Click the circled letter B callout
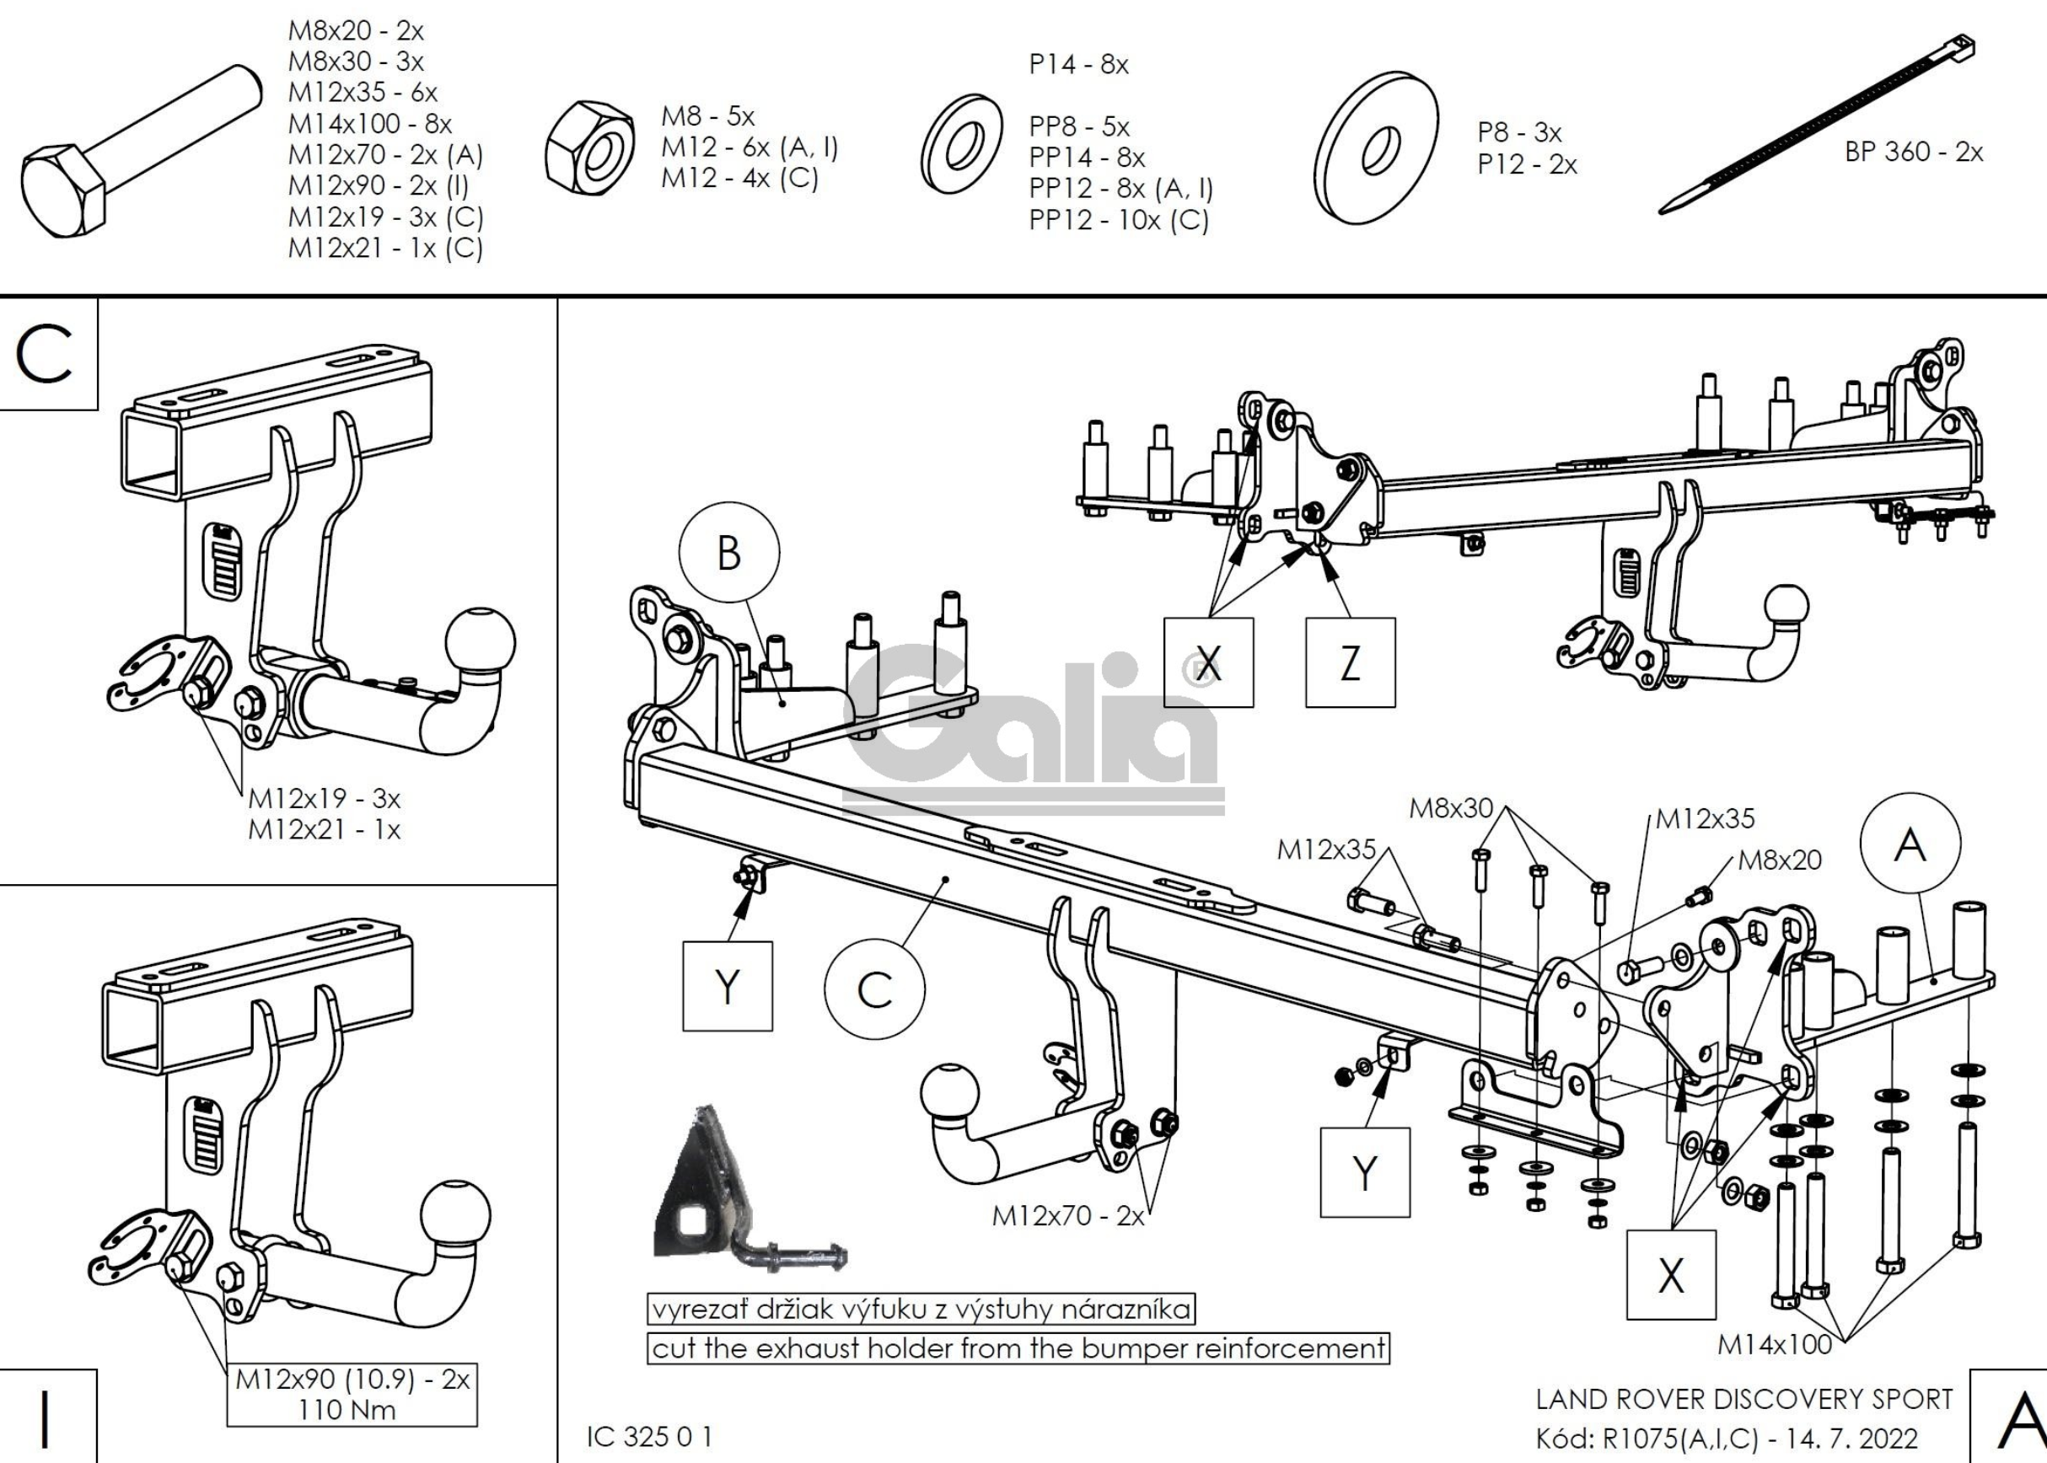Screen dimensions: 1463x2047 pyautogui.click(x=729, y=552)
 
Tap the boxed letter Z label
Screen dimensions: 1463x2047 pyautogui.click(x=1350, y=663)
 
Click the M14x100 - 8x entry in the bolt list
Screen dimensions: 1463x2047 pyautogui.click(x=369, y=123)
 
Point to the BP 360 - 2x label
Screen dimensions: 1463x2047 pyautogui.click(x=1914, y=152)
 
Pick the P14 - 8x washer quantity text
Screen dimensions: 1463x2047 pyautogui.click(x=1078, y=64)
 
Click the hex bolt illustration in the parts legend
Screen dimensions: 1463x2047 pyautogui.click(x=135, y=153)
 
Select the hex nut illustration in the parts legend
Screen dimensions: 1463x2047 pyautogui.click(x=591, y=147)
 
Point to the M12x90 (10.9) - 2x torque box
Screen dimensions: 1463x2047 pyautogui.click(x=352, y=1394)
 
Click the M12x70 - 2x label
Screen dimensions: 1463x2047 pyautogui.click(x=1067, y=1215)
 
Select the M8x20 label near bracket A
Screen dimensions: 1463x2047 pyautogui.click(x=1780, y=860)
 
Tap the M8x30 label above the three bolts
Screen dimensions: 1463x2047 pyautogui.click(x=1451, y=808)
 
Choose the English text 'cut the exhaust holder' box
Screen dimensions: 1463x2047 pyautogui.click(x=1018, y=1348)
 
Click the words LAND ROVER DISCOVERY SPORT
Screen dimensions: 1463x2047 pyautogui.click(x=1744, y=1399)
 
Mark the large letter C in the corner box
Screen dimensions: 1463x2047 pyautogui.click(x=44, y=354)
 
